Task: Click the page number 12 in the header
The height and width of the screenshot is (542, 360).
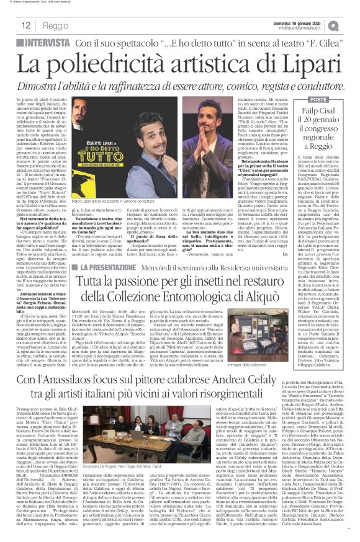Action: point(25,26)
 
